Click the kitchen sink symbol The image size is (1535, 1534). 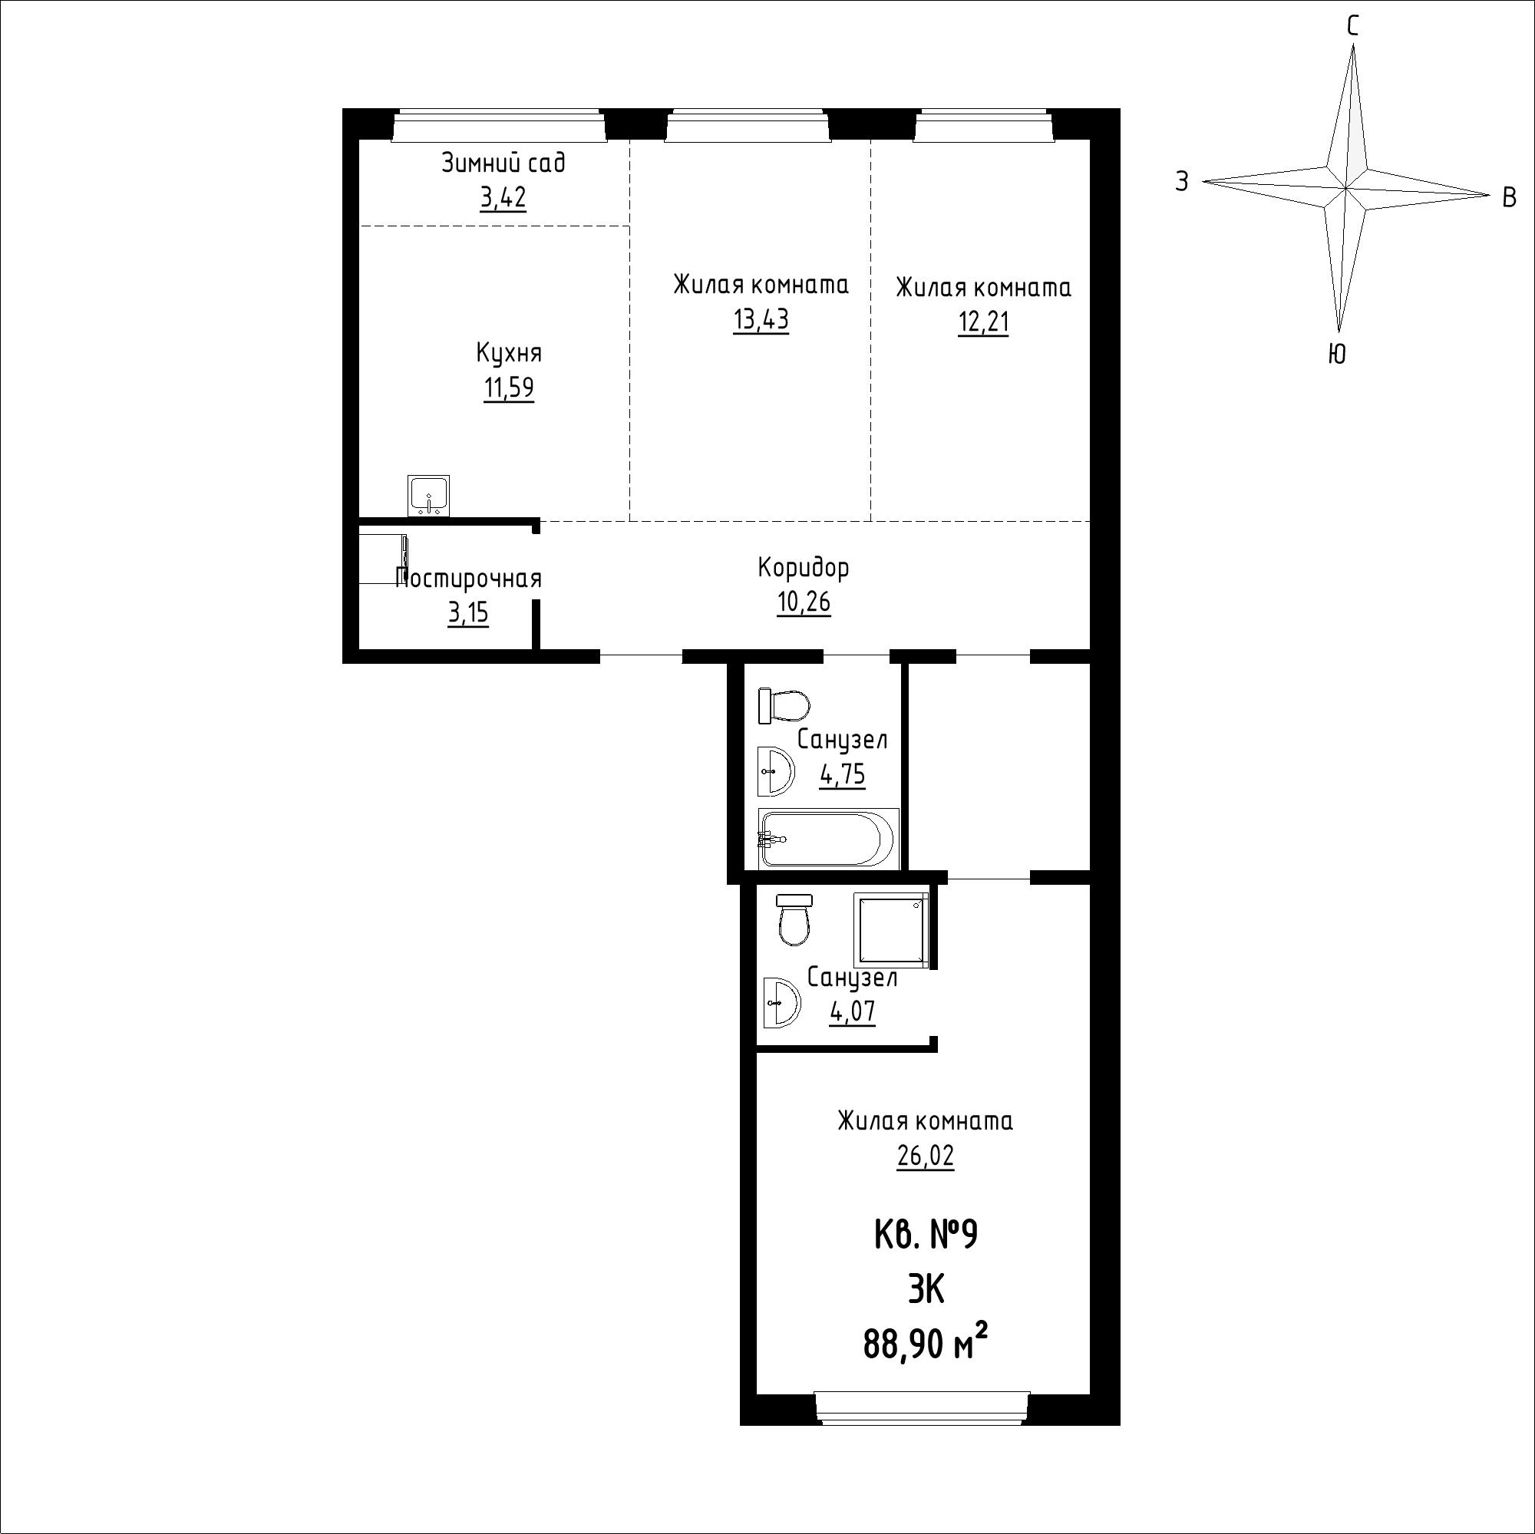tap(429, 496)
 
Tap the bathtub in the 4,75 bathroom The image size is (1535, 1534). tap(829, 838)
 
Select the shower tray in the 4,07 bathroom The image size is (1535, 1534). tap(890, 929)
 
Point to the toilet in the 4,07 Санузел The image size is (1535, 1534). tap(794, 920)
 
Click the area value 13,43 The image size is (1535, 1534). tap(761, 320)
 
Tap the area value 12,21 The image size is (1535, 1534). tap(983, 323)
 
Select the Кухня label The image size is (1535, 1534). tap(510, 353)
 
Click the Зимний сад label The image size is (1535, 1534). tap(503, 163)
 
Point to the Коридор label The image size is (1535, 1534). tap(804, 568)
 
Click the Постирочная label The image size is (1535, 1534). tap(469, 579)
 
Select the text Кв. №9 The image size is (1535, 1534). tap(926, 1236)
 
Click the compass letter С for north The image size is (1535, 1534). tap(1352, 27)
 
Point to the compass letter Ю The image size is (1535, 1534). tap(1337, 355)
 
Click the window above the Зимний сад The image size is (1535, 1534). tap(499, 125)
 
